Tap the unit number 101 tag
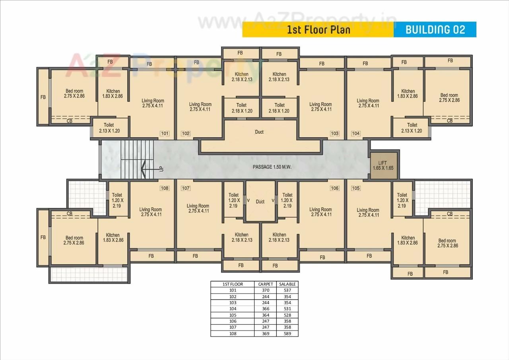pos(165,134)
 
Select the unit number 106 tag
pos(334,188)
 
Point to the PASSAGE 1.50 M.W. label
pos(272,167)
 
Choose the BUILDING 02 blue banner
pos(435,29)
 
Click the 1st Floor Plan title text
pos(319,30)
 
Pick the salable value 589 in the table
pos(288,333)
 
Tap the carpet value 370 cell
pos(265,290)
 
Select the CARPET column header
pos(265,284)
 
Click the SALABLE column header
pos(288,284)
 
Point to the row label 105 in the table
pos(233,315)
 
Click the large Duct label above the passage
pos(259,132)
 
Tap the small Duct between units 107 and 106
pos(260,202)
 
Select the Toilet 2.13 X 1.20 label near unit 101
pos(109,128)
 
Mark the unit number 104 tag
pos(356,134)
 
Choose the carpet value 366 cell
pos(265,309)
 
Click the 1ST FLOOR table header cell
pos(233,284)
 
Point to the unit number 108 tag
pos(165,188)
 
